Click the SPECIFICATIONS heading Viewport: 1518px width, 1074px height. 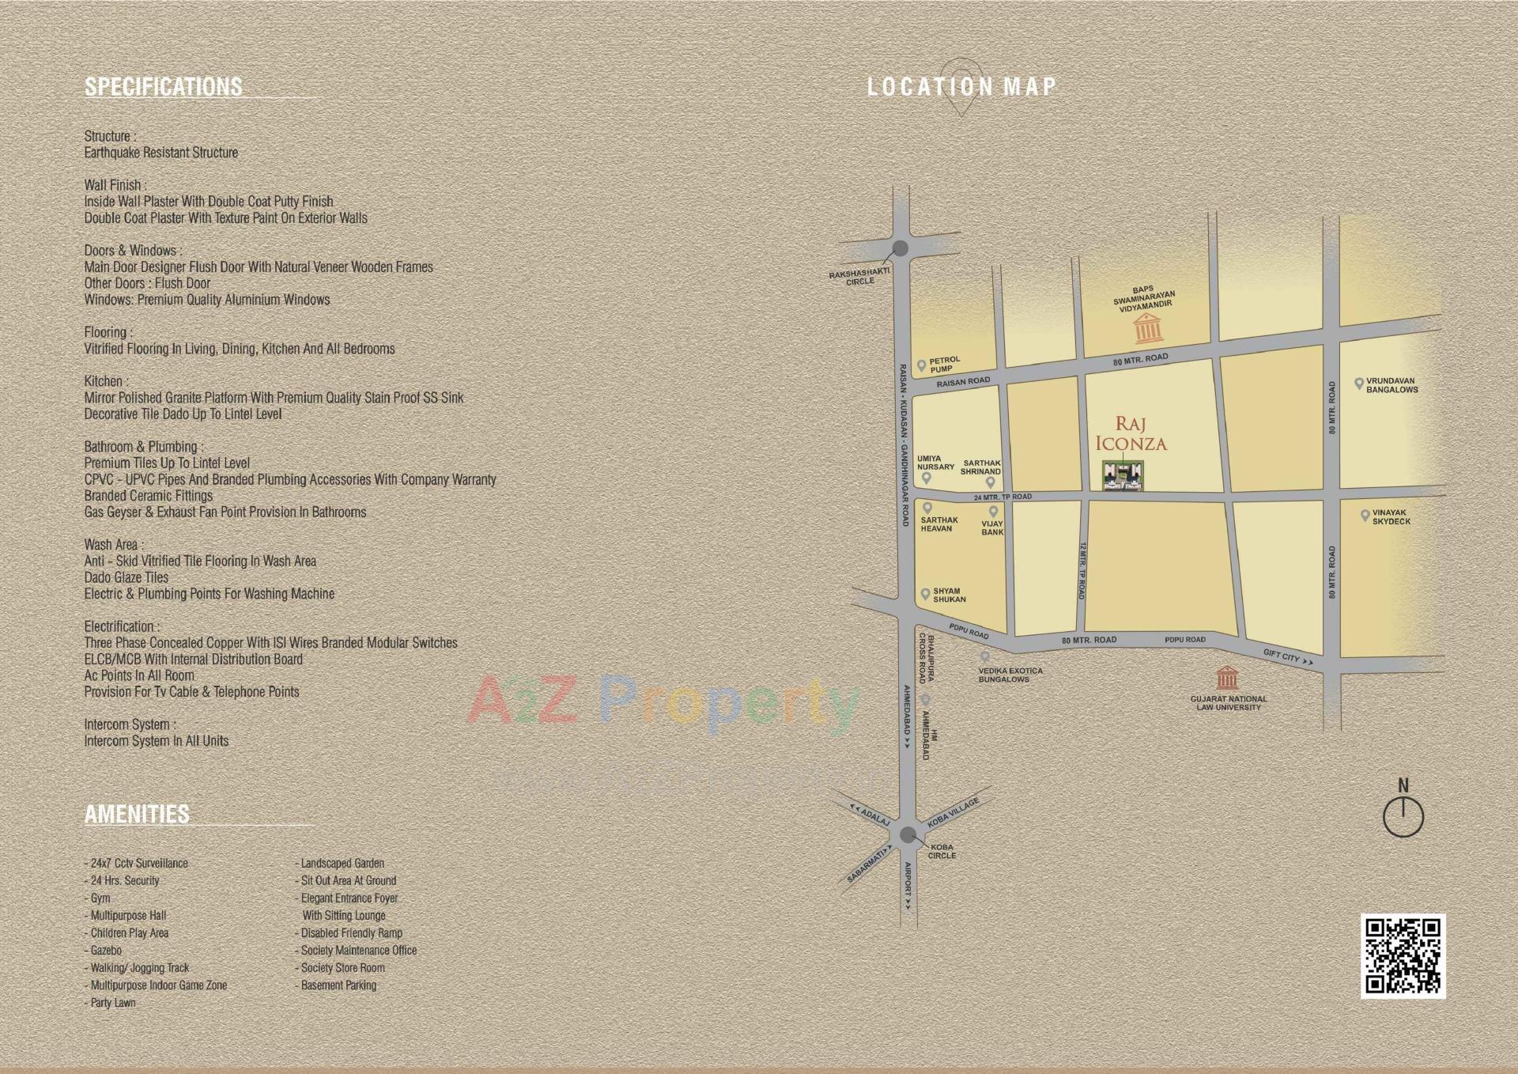coord(163,86)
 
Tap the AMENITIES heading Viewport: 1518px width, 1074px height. coord(137,814)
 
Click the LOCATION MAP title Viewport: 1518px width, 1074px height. coord(961,87)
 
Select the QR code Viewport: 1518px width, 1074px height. coord(1403,955)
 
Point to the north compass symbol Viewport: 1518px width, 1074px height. coord(1403,814)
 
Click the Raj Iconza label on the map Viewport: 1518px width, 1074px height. coord(1131,434)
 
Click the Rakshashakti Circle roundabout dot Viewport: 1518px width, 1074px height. coord(899,249)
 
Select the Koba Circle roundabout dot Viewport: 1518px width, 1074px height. coord(907,834)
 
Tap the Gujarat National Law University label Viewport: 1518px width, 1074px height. coord(1228,703)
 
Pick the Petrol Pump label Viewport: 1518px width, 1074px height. coord(945,365)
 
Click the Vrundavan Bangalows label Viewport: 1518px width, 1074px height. coord(1392,385)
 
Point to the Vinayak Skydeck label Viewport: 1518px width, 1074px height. coord(1391,517)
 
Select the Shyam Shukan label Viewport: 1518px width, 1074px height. coord(949,595)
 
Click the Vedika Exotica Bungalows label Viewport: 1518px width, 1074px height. coord(1010,675)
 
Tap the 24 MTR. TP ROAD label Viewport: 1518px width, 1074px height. coord(1003,497)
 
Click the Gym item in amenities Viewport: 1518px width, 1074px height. coord(100,898)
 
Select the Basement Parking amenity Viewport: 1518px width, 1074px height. coord(338,985)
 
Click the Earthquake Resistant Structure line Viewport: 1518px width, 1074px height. coord(161,153)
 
